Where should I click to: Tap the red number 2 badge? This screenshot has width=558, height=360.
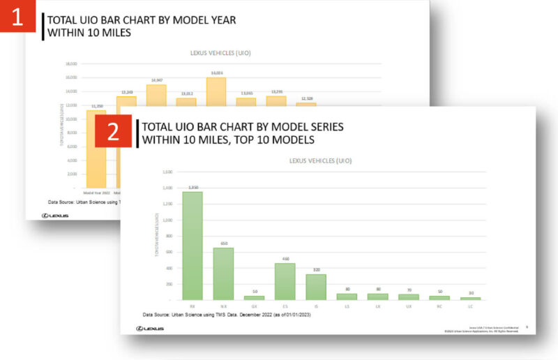coord(113,132)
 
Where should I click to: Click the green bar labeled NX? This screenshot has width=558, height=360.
coord(223,273)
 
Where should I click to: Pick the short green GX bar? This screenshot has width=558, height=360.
coord(254,297)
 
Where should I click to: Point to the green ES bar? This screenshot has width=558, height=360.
coord(285,281)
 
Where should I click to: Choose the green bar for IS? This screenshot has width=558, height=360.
coord(315,287)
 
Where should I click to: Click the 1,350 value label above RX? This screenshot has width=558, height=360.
coord(192,187)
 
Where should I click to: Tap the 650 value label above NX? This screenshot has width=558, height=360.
coord(223,243)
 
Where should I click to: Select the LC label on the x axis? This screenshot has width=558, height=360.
coord(470,305)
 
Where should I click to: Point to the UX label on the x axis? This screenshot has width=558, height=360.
coord(408,305)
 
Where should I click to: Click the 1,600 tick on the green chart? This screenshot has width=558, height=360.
coord(167,172)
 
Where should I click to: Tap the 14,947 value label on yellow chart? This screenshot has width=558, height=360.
coord(156,80)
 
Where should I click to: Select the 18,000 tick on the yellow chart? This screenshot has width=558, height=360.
coord(71,64)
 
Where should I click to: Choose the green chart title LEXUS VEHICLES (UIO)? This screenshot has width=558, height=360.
coord(320,160)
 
